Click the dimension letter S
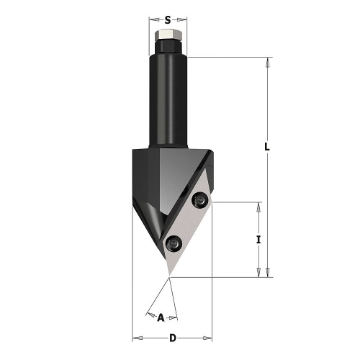168,20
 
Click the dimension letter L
267,147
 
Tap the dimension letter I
258,240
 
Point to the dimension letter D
173,338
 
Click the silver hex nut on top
168,35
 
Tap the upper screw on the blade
199,199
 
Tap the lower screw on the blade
174,243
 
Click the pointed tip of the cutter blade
170,276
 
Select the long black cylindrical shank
168,101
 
